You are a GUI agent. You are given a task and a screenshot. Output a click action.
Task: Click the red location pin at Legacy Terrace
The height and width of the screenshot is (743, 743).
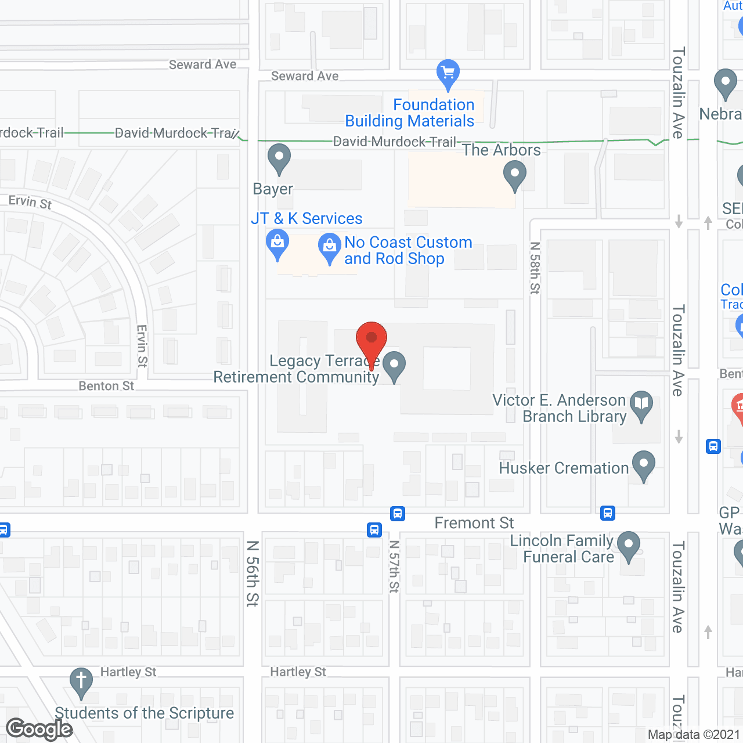coord(371,340)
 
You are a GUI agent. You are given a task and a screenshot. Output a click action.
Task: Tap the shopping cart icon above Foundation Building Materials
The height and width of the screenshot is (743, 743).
coord(448,73)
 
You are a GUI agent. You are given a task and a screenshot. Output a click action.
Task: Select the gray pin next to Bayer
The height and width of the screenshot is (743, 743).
coord(279,157)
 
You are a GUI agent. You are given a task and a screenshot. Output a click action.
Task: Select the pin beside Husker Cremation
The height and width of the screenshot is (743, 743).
coord(643,464)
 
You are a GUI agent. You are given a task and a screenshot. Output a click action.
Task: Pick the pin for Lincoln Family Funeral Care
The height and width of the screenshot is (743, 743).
coord(628,546)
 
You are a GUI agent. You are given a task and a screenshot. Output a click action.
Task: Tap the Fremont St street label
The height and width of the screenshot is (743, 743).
coord(474,523)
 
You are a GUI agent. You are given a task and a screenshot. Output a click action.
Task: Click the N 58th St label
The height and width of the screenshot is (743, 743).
coord(535,268)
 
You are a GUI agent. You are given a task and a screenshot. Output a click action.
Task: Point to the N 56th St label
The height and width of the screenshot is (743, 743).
coord(252,574)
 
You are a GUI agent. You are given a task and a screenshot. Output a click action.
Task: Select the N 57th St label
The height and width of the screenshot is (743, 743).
coord(394,567)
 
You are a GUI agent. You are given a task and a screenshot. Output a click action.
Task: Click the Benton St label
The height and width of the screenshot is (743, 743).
coord(106,386)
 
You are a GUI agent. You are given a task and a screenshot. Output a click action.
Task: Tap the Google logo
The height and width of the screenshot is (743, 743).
coord(39,729)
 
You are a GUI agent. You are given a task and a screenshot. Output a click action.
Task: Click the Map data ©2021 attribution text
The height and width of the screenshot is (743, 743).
coord(694,734)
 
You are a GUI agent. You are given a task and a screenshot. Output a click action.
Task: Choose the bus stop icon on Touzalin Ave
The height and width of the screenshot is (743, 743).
coord(713,446)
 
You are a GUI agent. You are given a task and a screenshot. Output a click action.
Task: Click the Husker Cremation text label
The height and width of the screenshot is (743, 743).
coord(564,468)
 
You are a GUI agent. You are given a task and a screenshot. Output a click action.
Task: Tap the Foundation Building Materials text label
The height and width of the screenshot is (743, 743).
coord(410,113)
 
